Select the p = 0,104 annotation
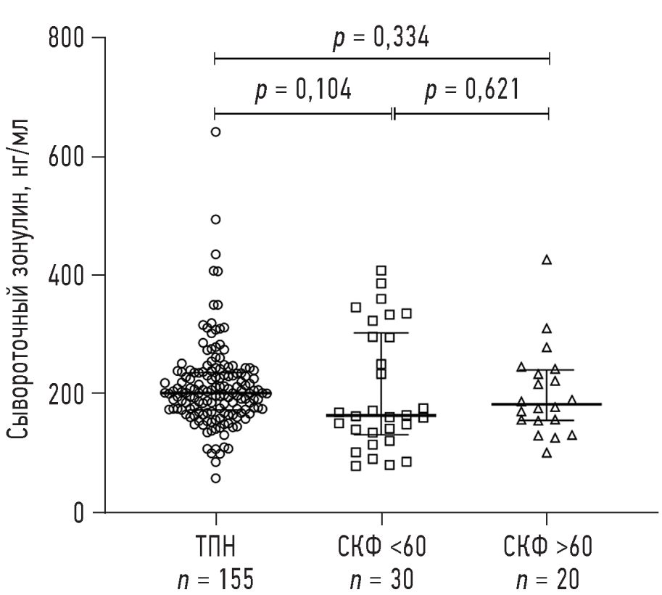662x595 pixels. click(303, 91)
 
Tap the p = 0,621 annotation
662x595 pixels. click(471, 91)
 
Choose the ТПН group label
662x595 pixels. click(215, 546)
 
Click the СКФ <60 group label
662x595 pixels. click(383, 546)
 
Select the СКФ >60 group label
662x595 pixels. click(547, 546)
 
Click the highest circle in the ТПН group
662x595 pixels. click(215, 132)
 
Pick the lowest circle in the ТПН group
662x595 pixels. click(215, 478)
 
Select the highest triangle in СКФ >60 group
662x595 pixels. click(547, 260)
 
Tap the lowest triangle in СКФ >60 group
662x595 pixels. click(547, 454)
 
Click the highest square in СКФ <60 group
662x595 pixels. click(381, 271)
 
